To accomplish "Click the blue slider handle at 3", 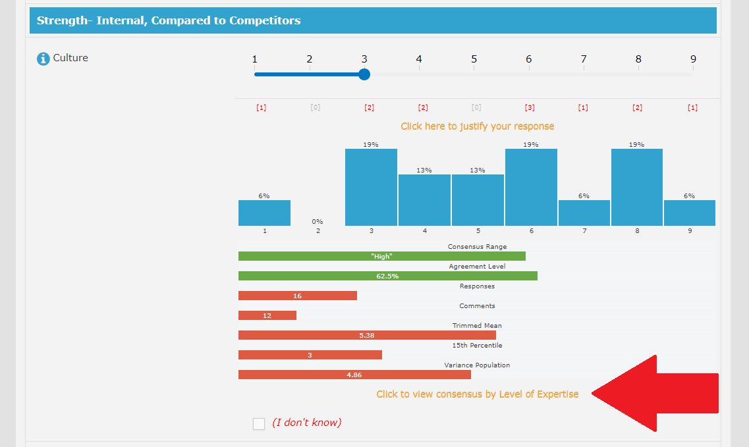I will pyautogui.click(x=364, y=74).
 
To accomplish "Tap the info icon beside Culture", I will pyautogui.click(x=43, y=59).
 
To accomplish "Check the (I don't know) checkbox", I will pyautogui.click(x=259, y=423).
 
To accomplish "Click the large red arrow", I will pyautogui.click(x=659, y=394).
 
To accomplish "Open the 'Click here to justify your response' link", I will pyautogui.click(x=478, y=126).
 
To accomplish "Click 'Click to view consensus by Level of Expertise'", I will pyautogui.click(x=478, y=394).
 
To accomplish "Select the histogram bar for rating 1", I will pyautogui.click(x=264, y=213).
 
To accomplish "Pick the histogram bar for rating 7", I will pyautogui.click(x=584, y=213).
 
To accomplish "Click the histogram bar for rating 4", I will pyautogui.click(x=424, y=200).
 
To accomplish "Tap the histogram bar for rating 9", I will pyautogui.click(x=690, y=213).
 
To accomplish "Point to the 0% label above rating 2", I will pyautogui.click(x=318, y=222).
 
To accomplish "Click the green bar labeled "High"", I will pyautogui.click(x=382, y=256).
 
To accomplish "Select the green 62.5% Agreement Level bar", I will pyautogui.click(x=387, y=276).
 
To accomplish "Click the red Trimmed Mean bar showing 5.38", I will pyautogui.click(x=367, y=335).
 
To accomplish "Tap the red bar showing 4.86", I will pyautogui.click(x=354, y=375).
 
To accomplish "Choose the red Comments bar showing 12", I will pyautogui.click(x=267, y=315).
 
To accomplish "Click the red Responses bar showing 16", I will pyautogui.click(x=298, y=296).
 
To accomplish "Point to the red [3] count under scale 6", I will pyautogui.click(x=529, y=108).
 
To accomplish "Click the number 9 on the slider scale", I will pyautogui.click(x=693, y=59).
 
